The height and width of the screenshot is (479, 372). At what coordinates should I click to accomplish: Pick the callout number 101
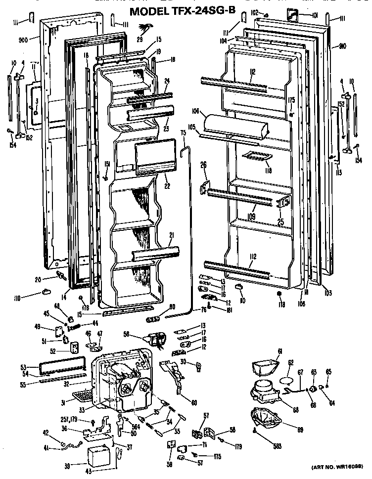(x=315, y=16)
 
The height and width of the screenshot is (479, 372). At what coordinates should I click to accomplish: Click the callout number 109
(x=251, y=216)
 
